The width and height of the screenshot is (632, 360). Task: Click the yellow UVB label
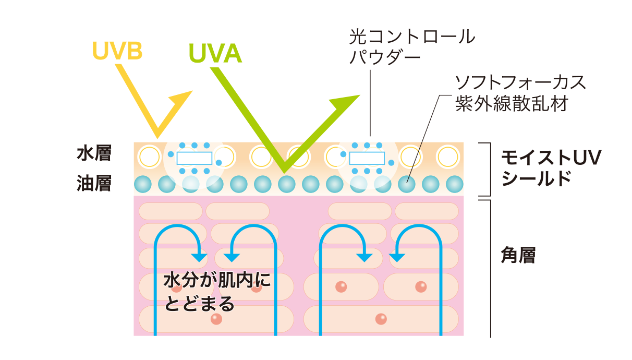coord(117,51)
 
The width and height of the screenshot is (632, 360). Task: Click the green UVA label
coord(215,53)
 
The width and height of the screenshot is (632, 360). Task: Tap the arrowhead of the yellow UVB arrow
coord(182,99)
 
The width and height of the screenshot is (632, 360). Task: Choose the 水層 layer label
coord(94,154)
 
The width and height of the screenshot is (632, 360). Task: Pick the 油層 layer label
coord(94,183)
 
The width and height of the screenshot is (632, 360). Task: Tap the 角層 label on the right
coord(518,256)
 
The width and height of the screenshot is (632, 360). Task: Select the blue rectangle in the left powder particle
coord(194,158)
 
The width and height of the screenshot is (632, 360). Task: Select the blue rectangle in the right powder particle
coord(367,158)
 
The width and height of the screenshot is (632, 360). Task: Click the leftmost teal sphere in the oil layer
coord(142,184)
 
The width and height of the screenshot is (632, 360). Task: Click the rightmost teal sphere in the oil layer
coord(454,184)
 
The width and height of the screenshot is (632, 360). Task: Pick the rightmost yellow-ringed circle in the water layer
coord(447,156)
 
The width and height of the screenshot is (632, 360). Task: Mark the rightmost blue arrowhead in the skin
coord(397,257)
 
